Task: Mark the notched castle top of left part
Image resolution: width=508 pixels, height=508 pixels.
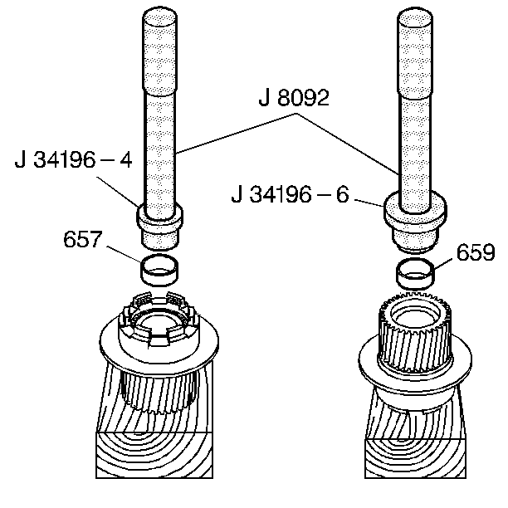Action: click(x=155, y=320)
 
